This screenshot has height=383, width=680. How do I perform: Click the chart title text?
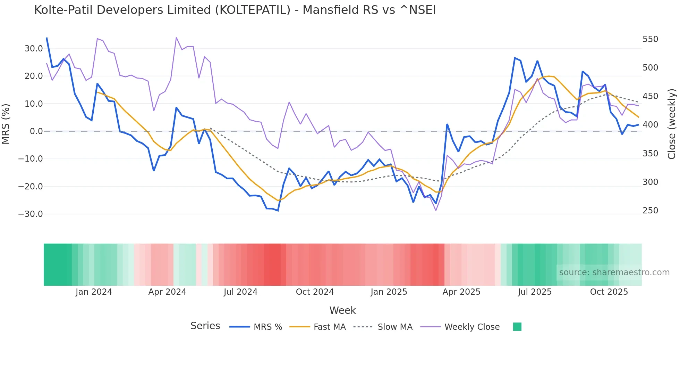coord(235,10)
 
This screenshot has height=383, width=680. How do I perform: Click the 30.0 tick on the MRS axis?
coord(34,49)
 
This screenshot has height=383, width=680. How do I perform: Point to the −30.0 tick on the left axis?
coord(31,214)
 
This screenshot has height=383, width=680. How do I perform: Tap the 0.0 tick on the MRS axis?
coord(36,131)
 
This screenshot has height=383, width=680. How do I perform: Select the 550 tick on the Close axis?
coord(650,39)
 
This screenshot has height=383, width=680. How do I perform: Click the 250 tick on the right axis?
coord(650,211)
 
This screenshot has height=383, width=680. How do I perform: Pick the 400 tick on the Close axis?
coord(650,125)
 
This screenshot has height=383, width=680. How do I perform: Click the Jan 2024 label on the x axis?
coord(94,292)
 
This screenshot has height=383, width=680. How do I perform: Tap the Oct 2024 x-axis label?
coord(315,292)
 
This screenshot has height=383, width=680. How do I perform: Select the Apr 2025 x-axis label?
coord(461,292)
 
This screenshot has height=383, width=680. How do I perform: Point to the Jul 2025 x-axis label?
coord(535,292)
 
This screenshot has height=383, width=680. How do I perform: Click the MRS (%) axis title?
coord(6,124)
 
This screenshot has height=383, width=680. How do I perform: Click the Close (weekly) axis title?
coord(672,124)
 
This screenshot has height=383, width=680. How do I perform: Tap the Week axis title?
coord(342,310)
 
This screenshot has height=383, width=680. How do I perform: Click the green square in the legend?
coord(517,327)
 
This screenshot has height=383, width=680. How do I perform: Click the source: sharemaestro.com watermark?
coord(614,272)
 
